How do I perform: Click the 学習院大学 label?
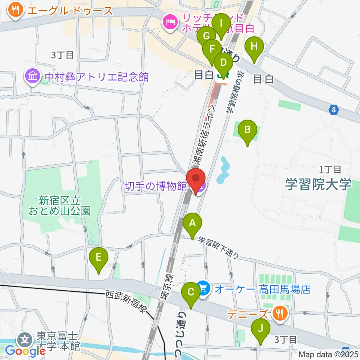point(318,184)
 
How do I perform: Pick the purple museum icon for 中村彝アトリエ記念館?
point(33,77)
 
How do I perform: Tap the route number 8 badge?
point(333,110)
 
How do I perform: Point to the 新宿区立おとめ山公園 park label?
point(60,205)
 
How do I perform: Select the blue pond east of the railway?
point(223,169)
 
